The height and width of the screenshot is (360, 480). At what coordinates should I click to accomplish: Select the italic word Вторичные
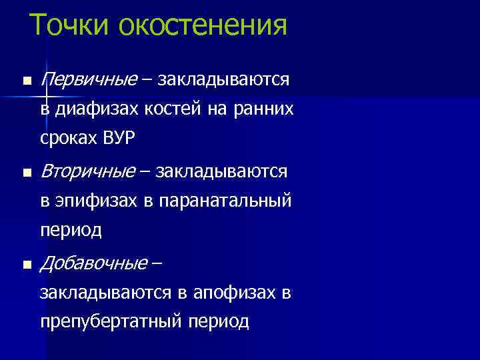tap(87, 172)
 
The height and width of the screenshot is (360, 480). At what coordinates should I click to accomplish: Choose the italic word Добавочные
tap(94, 264)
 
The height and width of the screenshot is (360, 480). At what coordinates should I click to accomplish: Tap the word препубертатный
tap(111, 322)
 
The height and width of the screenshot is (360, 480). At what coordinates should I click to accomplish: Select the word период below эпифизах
tap(71, 231)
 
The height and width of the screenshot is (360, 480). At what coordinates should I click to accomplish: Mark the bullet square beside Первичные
tap(26, 81)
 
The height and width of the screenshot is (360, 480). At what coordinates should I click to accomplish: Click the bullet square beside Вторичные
tap(26, 173)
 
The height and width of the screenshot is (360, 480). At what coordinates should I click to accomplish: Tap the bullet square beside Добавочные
tap(26, 265)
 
